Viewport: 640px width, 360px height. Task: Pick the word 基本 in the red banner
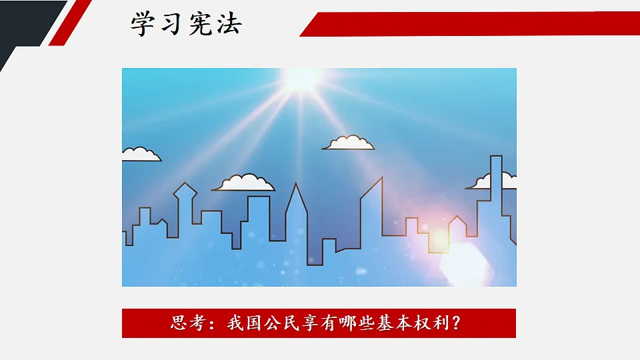click(x=389, y=323)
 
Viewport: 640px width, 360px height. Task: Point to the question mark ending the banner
click(x=455, y=323)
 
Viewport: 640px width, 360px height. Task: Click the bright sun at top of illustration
click(x=301, y=79)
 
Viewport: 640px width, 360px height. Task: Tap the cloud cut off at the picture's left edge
click(x=140, y=155)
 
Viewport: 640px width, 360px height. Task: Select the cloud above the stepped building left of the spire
click(x=245, y=183)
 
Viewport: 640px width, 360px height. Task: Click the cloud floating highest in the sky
click(x=349, y=143)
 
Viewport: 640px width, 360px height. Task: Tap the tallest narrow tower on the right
click(x=496, y=193)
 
